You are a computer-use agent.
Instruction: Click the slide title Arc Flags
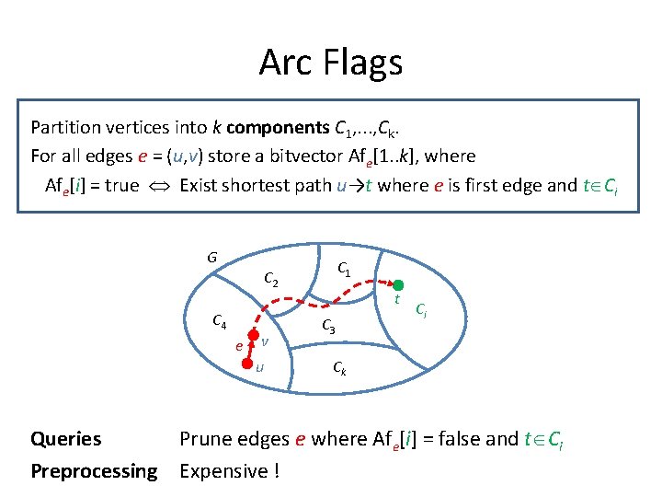(x=331, y=63)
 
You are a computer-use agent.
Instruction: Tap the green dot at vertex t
(x=398, y=285)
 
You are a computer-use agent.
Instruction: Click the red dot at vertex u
(x=247, y=364)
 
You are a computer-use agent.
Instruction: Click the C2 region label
(x=272, y=278)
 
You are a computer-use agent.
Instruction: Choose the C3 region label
(x=328, y=326)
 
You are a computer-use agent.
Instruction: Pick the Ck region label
(x=339, y=370)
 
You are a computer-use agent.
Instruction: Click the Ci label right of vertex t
(x=420, y=309)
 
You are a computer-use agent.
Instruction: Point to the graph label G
(x=211, y=257)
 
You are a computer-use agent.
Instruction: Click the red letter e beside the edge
(x=238, y=346)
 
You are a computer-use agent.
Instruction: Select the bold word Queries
(x=65, y=439)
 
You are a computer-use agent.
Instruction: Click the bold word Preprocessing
(x=94, y=471)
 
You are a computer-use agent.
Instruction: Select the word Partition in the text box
(x=67, y=126)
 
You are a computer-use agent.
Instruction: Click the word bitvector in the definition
(x=288, y=156)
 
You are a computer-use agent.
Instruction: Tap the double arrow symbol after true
(x=159, y=186)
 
